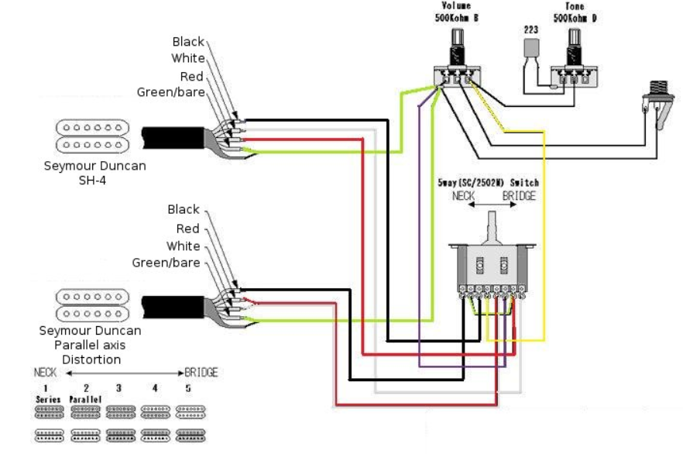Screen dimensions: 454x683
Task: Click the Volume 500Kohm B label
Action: pos(455,11)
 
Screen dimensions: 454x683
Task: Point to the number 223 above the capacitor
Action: pos(530,29)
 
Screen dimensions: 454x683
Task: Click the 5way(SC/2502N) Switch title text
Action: pos(487,183)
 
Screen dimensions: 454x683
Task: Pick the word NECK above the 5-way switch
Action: pos(464,197)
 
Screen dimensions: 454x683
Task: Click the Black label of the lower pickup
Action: pos(184,210)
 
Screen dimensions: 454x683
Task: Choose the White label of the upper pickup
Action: pos(188,59)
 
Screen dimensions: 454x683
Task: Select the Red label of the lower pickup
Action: pos(188,229)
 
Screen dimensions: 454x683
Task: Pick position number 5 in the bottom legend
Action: pos(188,387)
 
